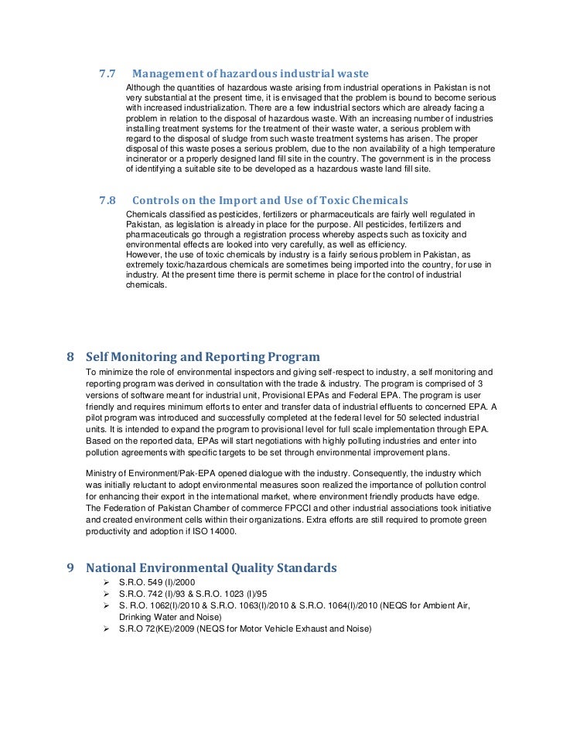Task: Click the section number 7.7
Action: (107, 74)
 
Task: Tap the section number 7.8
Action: (107, 202)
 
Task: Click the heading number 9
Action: (70, 567)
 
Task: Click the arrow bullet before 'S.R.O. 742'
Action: (107, 594)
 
